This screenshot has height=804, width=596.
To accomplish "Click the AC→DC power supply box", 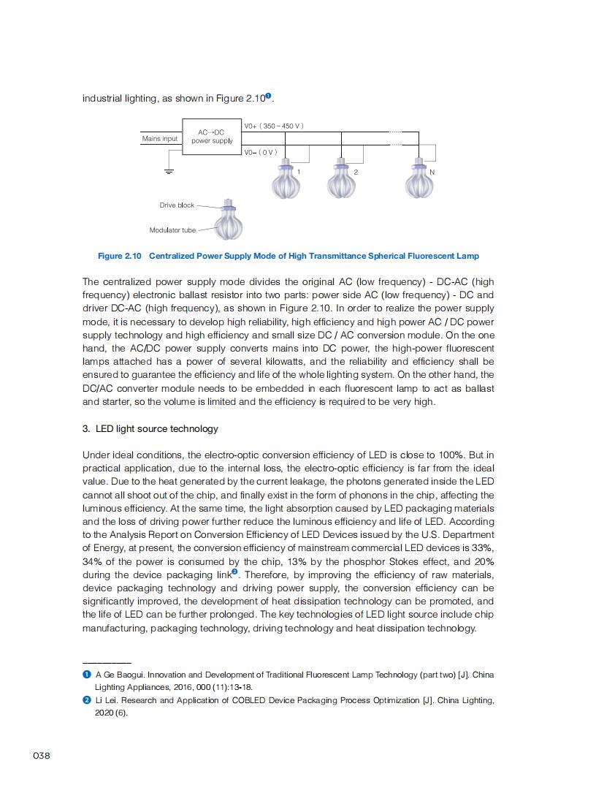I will click(x=212, y=137).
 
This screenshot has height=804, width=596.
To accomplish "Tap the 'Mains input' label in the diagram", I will click(x=160, y=139).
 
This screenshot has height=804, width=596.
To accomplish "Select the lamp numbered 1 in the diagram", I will click(x=285, y=180).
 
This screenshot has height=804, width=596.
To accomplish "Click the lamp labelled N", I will click(x=419, y=180).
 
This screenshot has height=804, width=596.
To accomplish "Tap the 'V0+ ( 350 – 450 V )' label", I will click(x=274, y=126).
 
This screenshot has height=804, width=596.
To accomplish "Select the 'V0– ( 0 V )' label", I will click(x=261, y=152).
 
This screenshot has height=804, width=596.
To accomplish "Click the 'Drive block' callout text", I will click(x=177, y=205).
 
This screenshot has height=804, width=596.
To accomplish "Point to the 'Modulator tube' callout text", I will click(x=172, y=230).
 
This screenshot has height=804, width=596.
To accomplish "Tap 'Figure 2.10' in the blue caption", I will click(x=120, y=256).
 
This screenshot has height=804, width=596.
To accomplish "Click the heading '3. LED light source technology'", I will click(x=150, y=428).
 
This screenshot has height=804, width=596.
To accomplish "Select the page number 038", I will click(x=42, y=756).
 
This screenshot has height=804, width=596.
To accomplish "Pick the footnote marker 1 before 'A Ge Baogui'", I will click(x=87, y=675).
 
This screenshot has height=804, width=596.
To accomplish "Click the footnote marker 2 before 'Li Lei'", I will click(x=87, y=700).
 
